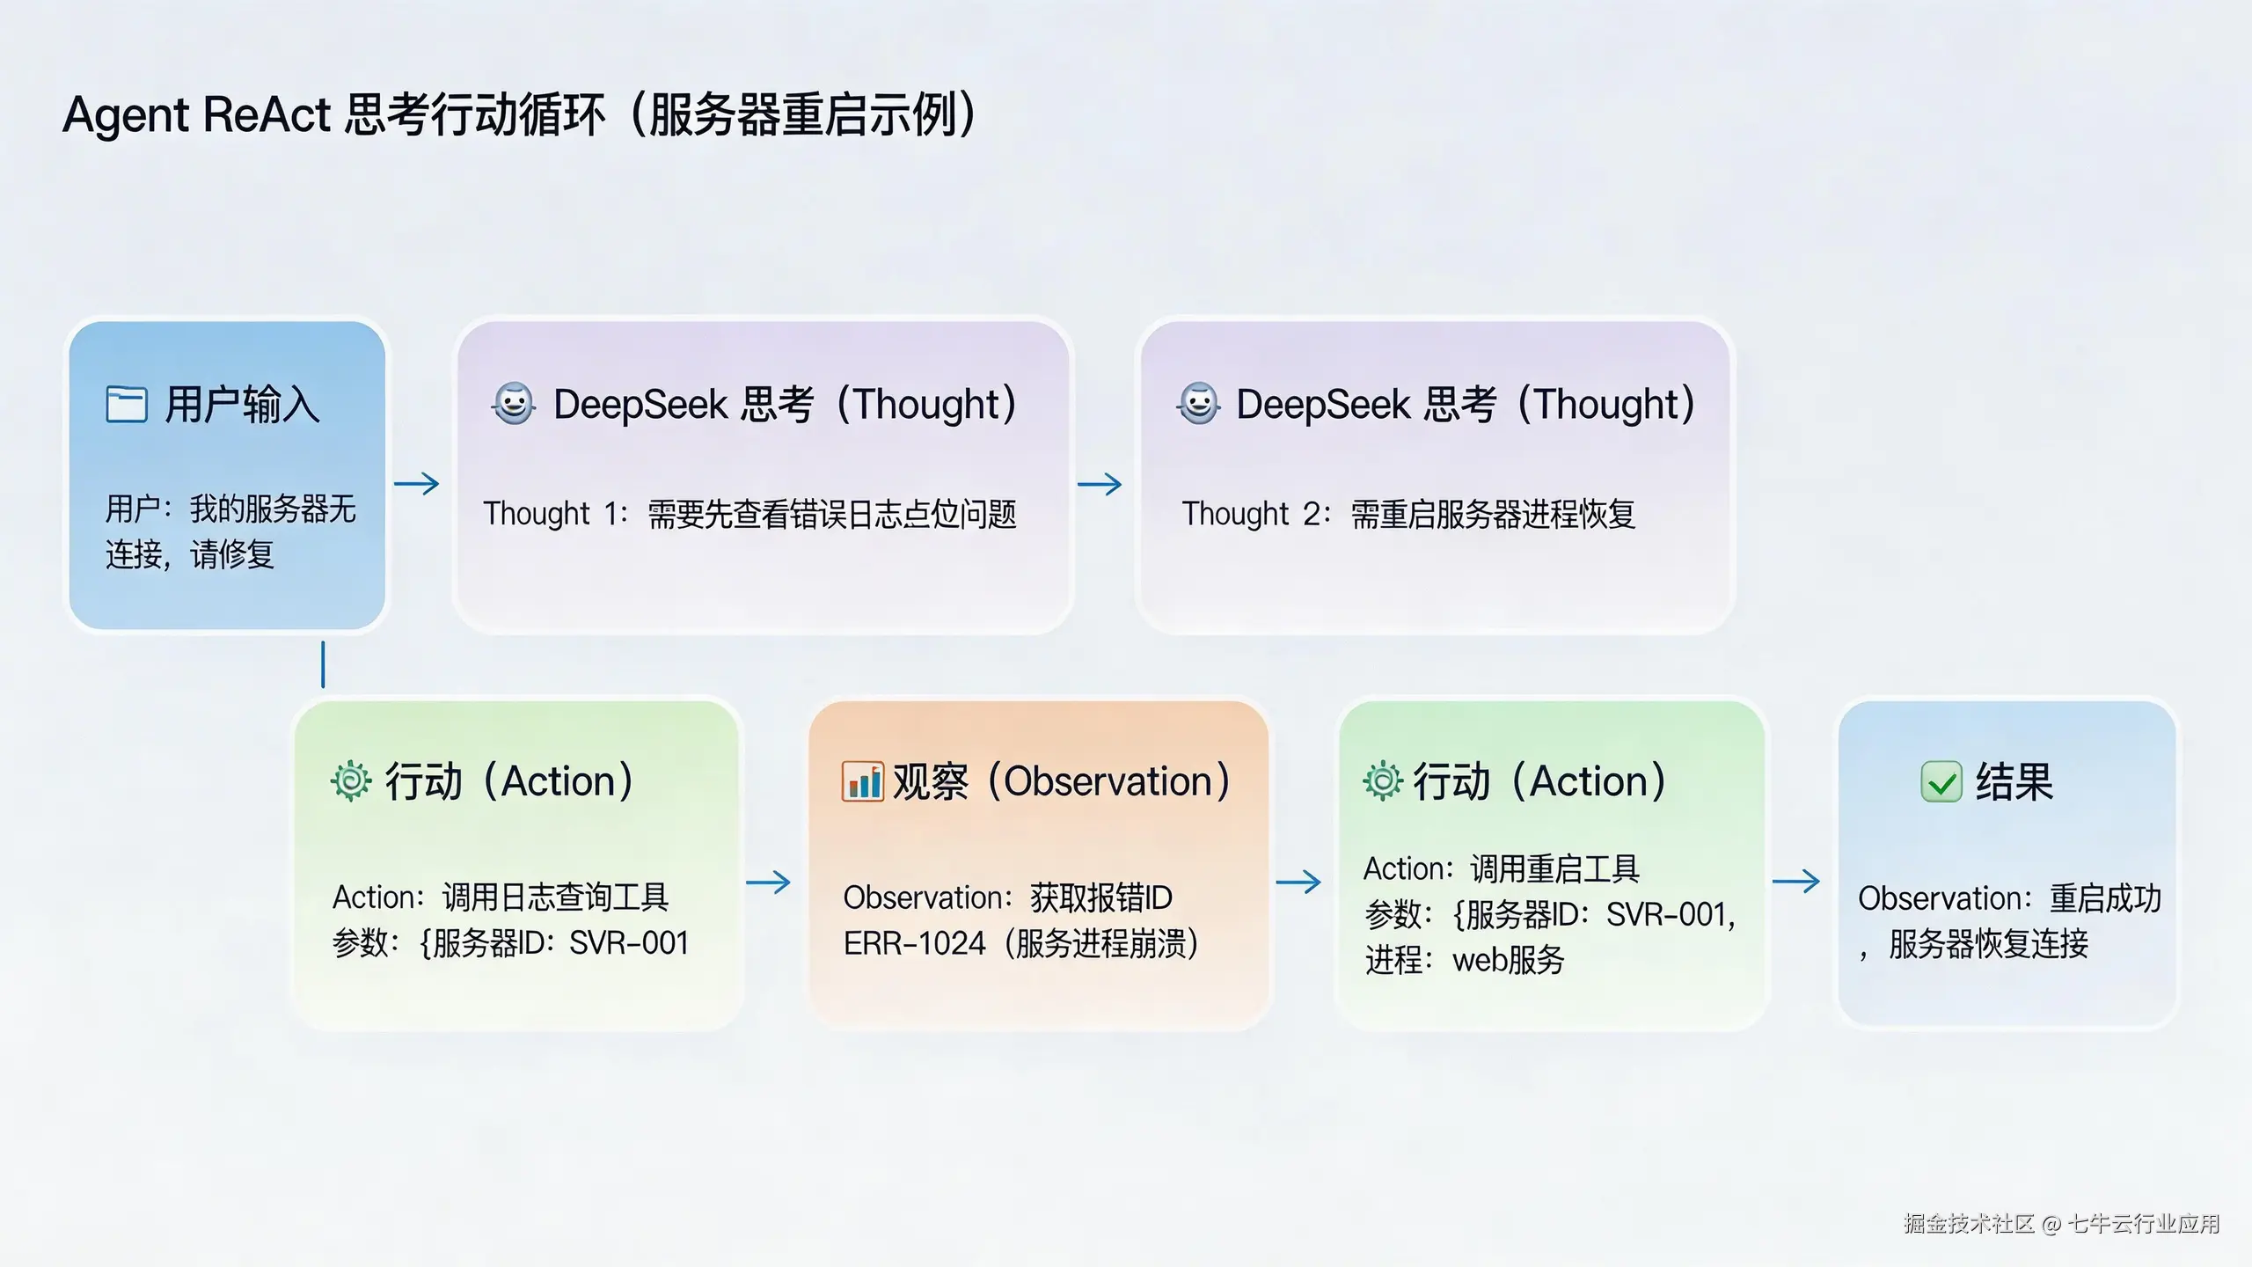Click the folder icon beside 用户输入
pos(126,404)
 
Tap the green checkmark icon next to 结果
pos(1941,781)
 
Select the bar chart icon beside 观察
pos(862,781)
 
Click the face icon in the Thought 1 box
pos(514,404)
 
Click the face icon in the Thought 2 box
pos(1198,404)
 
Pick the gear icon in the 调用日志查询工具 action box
pos(351,780)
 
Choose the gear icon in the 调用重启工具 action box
pos(1383,780)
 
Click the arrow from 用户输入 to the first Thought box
pos(417,483)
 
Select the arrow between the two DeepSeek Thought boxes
pos(1100,483)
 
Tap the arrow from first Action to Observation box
pos(769,882)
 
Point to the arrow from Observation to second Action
pos(1298,882)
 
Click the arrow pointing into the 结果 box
pos(1795,881)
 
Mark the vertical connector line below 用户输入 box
pos(323,664)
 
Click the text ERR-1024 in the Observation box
pos(914,943)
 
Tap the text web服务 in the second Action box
pos(1508,960)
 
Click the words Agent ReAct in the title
pos(196,114)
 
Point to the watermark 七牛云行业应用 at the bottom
pos(2143,1223)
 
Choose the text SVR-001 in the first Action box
pos(629,943)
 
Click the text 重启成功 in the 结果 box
pos(2105,897)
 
